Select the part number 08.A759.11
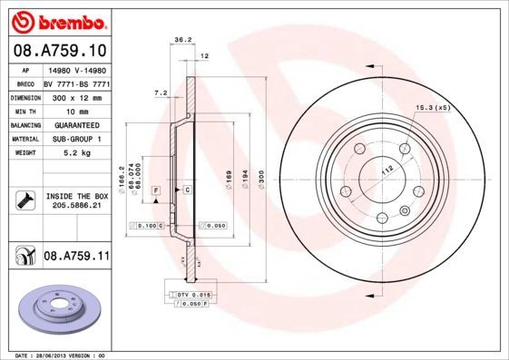pos(76,258)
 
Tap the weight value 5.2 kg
pos(75,154)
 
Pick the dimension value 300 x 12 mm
pos(75,95)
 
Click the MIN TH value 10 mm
pos(75,110)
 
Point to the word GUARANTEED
pos(75,124)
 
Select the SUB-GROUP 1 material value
pos(75,139)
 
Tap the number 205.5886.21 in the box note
pos(76,207)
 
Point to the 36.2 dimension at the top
pos(181,40)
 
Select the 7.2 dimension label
pos(162,93)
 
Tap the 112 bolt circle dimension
pos(385,170)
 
